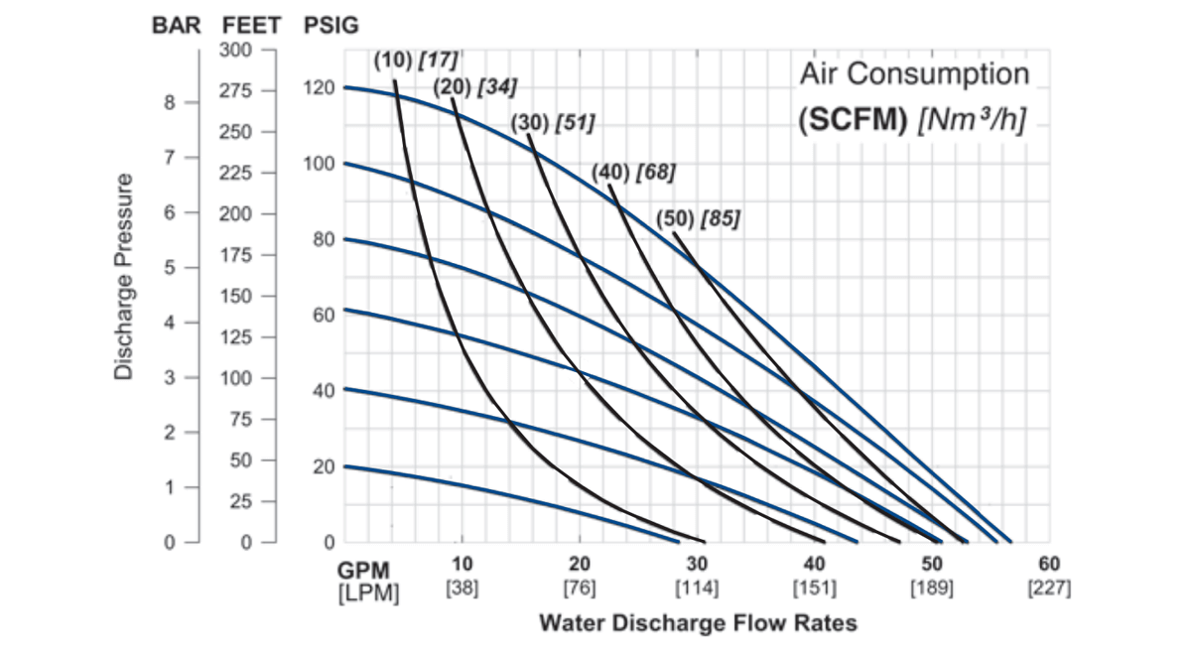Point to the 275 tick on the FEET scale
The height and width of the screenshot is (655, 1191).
(x=234, y=90)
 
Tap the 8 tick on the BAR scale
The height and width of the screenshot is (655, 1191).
(x=169, y=101)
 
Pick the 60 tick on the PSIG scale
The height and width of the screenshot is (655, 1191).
(x=322, y=315)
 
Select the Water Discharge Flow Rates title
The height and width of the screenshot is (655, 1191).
(x=698, y=623)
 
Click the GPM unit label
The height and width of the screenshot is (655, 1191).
(x=363, y=572)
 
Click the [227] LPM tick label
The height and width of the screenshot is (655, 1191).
(x=1050, y=589)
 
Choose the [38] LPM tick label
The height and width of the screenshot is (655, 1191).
(x=463, y=589)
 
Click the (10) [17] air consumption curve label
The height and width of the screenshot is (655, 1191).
(x=416, y=59)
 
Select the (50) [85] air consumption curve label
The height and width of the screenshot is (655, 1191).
(x=698, y=218)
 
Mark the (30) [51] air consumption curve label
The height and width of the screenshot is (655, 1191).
(x=552, y=123)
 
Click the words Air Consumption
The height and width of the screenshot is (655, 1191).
(x=914, y=74)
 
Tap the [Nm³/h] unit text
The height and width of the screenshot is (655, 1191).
(x=972, y=119)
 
